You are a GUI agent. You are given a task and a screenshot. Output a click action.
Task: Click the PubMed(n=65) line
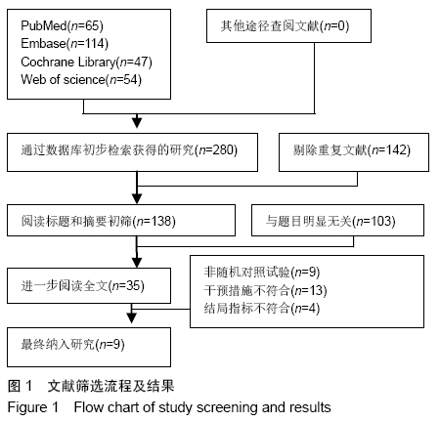click(62, 25)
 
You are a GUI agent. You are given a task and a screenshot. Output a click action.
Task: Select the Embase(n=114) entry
click(65, 43)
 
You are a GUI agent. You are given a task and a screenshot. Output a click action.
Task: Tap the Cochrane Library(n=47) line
click(86, 62)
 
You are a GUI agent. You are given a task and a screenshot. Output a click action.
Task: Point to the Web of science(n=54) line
click(81, 79)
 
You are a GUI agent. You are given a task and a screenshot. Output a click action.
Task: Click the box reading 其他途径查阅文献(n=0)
click(288, 25)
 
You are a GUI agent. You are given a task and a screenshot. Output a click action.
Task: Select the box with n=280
click(132, 152)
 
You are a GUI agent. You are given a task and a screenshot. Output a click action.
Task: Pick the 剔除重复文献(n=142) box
click(354, 152)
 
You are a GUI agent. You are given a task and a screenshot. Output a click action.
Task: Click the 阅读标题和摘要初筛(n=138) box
click(121, 220)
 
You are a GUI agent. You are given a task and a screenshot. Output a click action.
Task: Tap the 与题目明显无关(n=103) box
click(337, 220)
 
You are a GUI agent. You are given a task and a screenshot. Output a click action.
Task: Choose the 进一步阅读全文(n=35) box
click(89, 285)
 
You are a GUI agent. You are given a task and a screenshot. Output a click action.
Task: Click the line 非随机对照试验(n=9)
click(262, 272)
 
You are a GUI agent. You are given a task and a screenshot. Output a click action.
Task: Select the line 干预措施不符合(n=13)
click(265, 290)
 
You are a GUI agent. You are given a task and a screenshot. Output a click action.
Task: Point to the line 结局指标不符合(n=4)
click(262, 308)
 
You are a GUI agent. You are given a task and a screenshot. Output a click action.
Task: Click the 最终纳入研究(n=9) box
click(89, 347)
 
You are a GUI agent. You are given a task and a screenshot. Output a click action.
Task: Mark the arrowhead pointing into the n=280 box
click(137, 122)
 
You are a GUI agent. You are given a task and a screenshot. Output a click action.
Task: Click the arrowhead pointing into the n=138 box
click(137, 198)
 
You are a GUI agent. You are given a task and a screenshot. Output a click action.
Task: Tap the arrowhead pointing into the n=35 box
click(137, 263)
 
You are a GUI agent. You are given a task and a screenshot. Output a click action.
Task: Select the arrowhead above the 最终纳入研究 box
click(131, 317)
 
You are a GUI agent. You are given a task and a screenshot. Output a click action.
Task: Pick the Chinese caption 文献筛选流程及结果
click(111, 386)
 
